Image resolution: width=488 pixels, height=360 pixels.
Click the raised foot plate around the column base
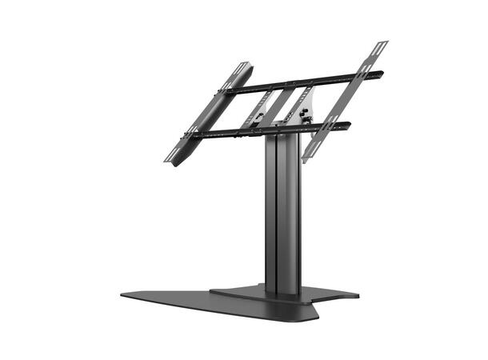240,292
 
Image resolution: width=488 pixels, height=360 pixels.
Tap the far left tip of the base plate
123,294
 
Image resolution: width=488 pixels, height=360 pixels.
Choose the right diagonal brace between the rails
290,104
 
